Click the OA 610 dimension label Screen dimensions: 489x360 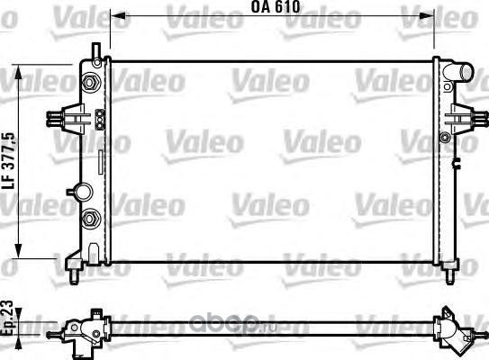276,7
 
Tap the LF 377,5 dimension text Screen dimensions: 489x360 8,160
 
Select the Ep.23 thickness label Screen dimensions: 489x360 7,318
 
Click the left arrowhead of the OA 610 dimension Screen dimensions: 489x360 118,15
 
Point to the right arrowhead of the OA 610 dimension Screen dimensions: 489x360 426,15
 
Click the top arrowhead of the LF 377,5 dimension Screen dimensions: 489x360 19,73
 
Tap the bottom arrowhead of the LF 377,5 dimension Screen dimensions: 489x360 19,251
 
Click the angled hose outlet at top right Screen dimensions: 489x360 457,73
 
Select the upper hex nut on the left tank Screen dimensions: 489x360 90,83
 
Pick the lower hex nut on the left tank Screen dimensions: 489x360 90,218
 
